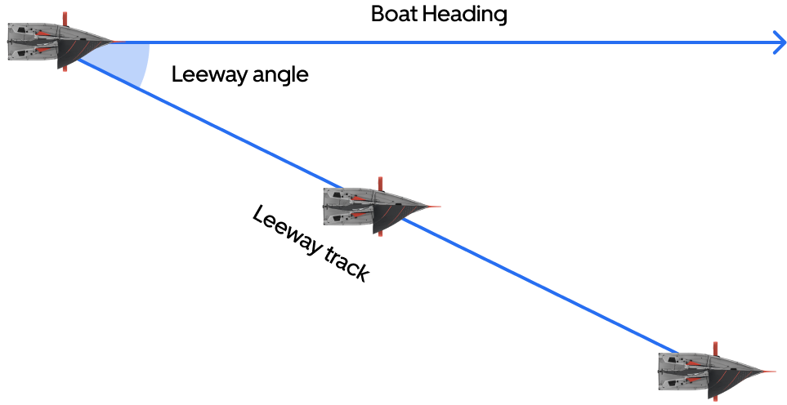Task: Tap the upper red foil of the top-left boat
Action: [65, 19]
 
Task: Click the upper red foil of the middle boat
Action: [379, 183]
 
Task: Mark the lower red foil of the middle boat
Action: [379, 230]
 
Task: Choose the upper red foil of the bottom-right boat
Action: [715, 349]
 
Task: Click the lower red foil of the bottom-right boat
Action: [715, 396]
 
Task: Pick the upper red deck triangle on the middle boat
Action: [360, 198]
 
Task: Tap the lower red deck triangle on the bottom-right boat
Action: [695, 380]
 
